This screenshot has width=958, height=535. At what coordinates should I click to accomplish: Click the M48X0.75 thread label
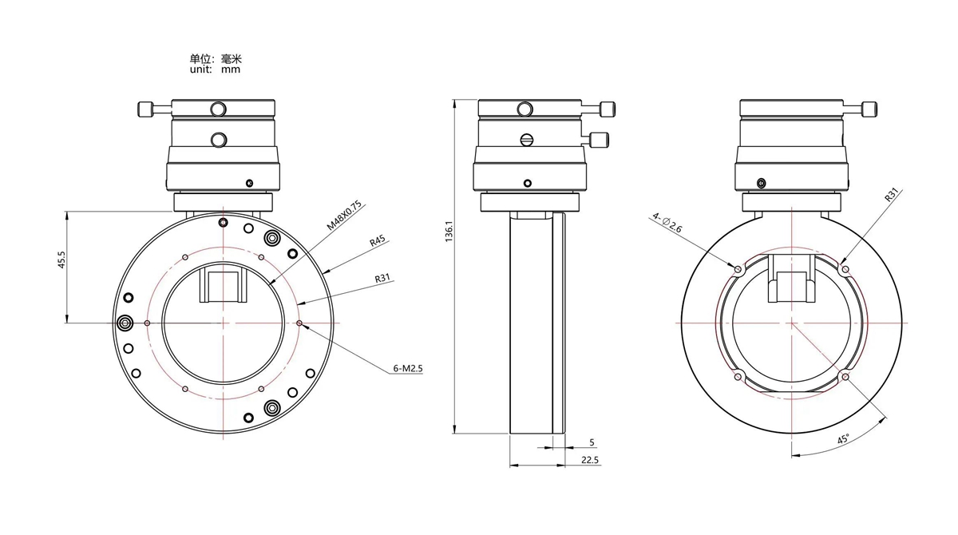344,215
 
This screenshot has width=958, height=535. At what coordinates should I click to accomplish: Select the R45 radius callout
378,241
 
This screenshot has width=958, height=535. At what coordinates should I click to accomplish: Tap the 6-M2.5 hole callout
408,368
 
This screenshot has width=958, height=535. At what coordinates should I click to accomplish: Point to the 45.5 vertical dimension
61,260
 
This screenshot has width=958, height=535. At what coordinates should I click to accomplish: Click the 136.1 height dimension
449,232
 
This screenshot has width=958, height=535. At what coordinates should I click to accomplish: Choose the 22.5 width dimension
590,460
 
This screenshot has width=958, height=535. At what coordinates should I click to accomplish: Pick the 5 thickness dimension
592,442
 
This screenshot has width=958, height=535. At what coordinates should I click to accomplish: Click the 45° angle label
842,439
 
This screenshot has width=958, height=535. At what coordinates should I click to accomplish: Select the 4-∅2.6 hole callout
667,222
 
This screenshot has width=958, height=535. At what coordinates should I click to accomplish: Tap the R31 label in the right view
892,195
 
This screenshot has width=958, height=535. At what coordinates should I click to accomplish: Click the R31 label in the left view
382,278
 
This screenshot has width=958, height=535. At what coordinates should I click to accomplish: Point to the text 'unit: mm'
215,69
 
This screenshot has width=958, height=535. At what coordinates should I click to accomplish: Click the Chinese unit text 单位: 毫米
216,58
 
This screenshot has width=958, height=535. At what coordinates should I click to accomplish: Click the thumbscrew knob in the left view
145,109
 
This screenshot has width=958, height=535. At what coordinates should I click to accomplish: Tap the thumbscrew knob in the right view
869,109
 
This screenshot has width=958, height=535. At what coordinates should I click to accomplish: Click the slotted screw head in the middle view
527,140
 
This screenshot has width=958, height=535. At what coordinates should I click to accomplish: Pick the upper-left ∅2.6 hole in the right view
738,269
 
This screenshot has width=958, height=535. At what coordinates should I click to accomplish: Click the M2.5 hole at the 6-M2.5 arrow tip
299,323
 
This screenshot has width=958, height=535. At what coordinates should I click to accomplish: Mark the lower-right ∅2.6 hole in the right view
845,377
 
